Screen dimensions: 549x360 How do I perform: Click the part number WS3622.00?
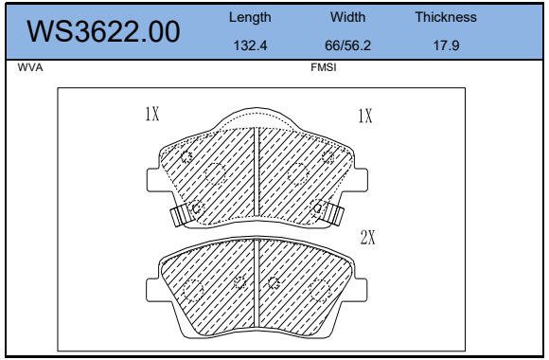point(103,31)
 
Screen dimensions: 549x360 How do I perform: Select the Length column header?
point(250,17)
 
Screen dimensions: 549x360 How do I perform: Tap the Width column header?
point(347,17)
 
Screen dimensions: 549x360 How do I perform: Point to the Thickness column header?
point(446,17)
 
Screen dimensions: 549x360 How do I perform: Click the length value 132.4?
point(250,45)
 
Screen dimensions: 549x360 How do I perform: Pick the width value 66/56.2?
point(347,45)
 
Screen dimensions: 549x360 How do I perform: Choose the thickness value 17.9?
point(446,45)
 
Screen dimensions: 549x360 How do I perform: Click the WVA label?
point(30,67)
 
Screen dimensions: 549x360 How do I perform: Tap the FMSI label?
point(324,67)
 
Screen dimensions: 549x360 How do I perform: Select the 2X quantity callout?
point(368,237)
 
